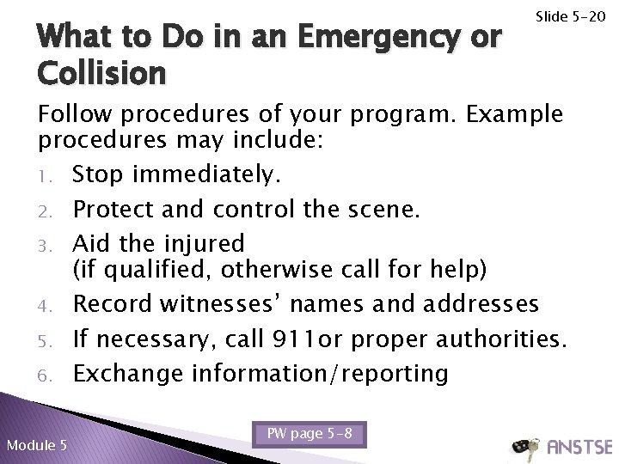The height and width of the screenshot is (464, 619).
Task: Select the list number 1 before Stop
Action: click(x=51, y=176)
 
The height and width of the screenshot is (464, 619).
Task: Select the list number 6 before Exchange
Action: click(x=51, y=374)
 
